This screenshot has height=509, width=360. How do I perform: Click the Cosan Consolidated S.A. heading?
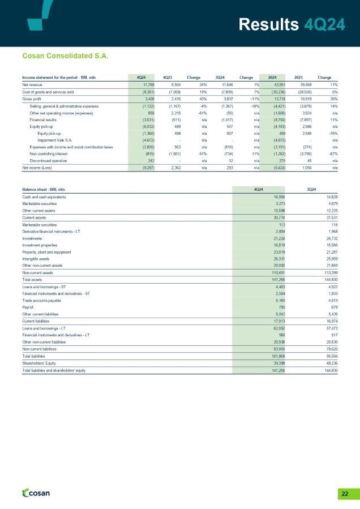click(65, 56)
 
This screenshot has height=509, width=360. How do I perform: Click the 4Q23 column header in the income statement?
click(168, 77)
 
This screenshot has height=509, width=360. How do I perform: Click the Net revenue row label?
click(33, 84)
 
